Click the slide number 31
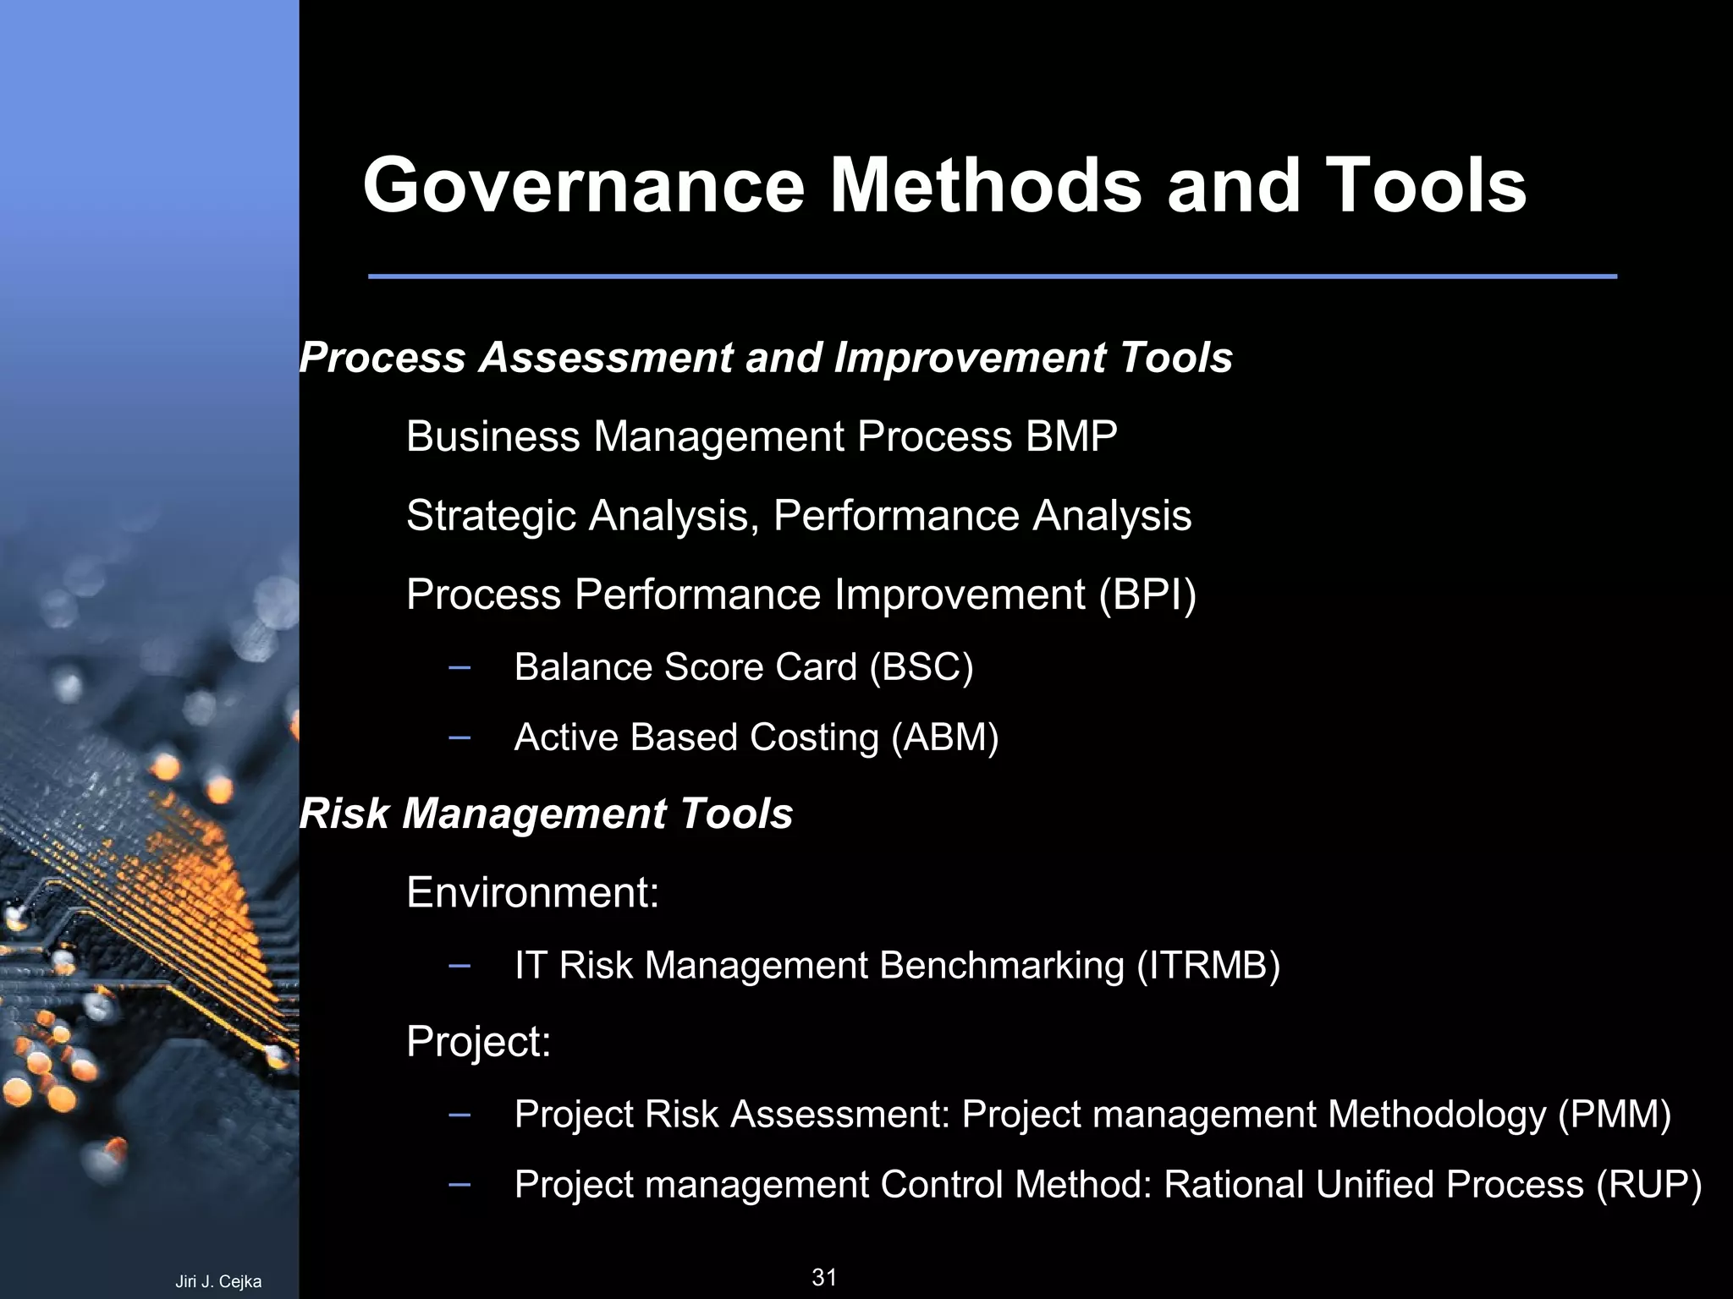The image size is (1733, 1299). point(823,1277)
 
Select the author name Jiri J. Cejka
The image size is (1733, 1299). point(218,1282)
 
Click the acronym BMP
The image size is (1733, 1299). point(1070,437)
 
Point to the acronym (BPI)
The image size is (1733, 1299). point(1147,595)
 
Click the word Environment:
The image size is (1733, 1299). point(532,893)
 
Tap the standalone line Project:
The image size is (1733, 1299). point(478,1042)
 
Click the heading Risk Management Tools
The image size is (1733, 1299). point(546,814)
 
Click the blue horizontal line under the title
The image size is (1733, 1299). point(992,277)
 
